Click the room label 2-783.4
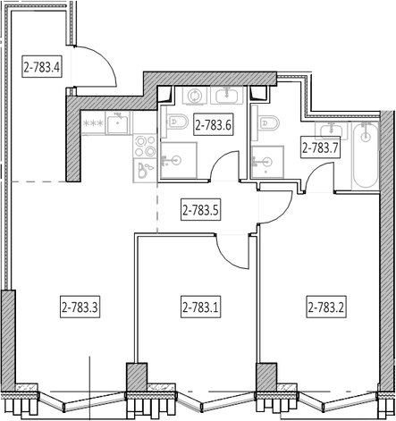42,66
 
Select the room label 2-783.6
213,124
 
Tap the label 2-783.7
320,147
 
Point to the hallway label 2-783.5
200,209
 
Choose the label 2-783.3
80,307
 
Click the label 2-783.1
200,307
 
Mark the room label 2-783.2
326,307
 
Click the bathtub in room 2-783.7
366,155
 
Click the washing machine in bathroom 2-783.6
194,96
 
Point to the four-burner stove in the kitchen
145,146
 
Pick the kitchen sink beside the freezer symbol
118,123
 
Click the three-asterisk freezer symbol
93,122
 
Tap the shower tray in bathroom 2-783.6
179,160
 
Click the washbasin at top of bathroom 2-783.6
227,95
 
